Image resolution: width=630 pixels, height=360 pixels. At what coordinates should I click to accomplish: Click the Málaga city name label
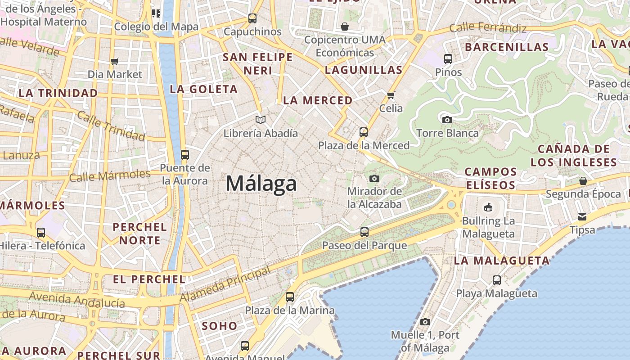pos(261,184)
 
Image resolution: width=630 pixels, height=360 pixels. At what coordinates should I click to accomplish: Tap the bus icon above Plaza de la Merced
pos(364,132)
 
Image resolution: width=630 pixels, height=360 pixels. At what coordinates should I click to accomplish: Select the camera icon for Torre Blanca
pos(447,120)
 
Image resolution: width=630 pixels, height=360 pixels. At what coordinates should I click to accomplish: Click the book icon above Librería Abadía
pos(261,120)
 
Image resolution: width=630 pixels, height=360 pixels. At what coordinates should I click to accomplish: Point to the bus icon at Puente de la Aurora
pos(185,155)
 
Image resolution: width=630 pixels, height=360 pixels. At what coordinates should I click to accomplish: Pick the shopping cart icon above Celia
pos(391,95)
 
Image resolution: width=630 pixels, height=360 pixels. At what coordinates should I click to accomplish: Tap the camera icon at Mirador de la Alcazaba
pos(374,178)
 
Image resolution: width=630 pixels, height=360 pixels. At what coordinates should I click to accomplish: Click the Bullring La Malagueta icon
pos(488,207)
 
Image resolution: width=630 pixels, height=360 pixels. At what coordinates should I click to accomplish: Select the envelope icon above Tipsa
pos(582,217)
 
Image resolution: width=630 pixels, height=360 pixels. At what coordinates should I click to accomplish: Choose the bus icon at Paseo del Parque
pos(364,232)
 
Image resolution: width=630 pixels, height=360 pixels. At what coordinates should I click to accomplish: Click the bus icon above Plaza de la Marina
pos(290,297)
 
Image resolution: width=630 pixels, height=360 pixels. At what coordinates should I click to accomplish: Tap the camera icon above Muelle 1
pos(425,322)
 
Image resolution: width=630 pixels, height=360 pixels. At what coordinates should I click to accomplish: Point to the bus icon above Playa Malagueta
pos(497,280)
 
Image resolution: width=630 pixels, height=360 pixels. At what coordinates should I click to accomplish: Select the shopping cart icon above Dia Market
pos(115,61)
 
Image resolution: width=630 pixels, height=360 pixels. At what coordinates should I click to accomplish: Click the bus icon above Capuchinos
pos(252,18)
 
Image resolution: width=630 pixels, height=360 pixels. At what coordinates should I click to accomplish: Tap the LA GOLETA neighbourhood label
pos(203,89)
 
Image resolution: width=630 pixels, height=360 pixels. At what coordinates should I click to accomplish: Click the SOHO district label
pos(220,326)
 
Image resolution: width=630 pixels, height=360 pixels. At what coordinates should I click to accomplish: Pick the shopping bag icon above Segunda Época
pos(583,181)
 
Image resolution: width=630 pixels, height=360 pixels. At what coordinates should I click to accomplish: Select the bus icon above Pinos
pos(448,58)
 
